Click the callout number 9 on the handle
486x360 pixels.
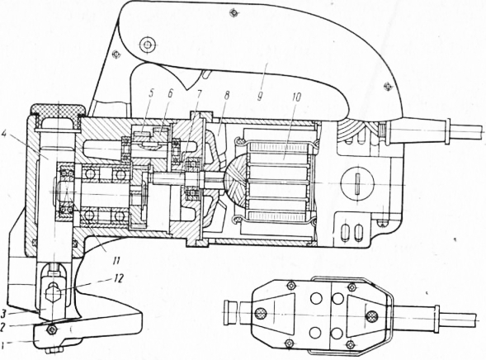[260, 96]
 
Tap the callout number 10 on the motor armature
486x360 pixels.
[296, 97]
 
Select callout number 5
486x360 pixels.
[152, 94]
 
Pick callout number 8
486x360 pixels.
[227, 96]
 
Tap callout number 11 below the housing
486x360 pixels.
[116, 260]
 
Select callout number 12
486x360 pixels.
[118, 278]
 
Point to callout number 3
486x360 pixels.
[3, 314]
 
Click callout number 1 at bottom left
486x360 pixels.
[2, 343]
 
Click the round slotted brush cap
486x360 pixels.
[357, 184]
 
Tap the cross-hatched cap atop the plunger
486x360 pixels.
[58, 111]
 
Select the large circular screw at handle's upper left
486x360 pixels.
[147, 45]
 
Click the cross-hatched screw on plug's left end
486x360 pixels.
[261, 314]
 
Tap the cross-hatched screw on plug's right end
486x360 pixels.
[371, 316]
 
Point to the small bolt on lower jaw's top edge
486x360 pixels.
[51, 329]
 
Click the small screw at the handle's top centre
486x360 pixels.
[234, 12]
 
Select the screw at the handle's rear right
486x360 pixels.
[387, 86]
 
